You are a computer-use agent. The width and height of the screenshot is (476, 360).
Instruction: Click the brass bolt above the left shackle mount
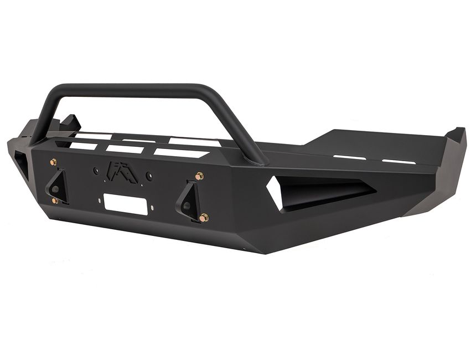coord(53,162)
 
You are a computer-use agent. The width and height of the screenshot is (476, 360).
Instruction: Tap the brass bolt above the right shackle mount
coord(199,176)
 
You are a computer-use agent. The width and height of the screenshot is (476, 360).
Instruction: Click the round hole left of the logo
coord(96,170)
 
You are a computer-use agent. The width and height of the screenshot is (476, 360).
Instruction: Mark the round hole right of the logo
coord(149,176)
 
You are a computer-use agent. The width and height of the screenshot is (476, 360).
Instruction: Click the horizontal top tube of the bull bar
coord(144,89)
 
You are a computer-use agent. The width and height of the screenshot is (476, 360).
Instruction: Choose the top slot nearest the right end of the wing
coord(399,162)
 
